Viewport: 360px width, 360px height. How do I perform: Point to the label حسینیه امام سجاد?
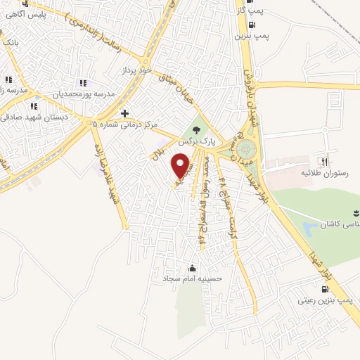(193, 279)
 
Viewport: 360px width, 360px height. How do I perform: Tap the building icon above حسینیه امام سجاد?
(193, 268)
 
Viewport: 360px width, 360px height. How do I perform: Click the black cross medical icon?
(124, 113)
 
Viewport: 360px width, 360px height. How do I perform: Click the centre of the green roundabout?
(246, 150)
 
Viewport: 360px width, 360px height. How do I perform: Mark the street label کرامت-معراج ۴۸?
(223, 204)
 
